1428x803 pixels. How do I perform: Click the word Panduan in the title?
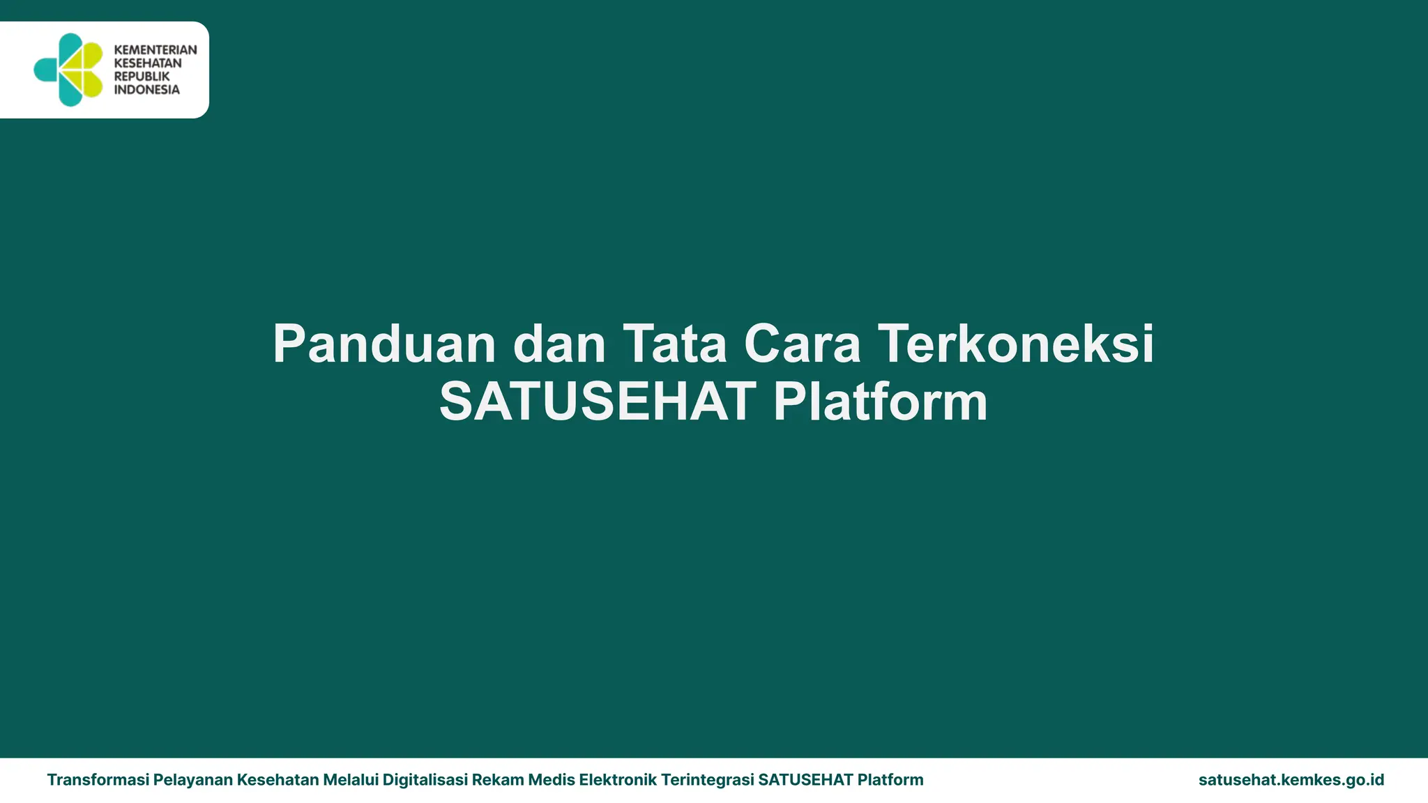(384, 344)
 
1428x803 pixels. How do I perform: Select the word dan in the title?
(559, 344)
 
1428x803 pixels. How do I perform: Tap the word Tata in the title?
(675, 344)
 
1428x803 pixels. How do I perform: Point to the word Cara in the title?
(802, 344)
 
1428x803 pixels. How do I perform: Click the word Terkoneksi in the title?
(1015, 344)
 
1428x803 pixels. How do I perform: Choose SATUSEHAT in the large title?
(598, 402)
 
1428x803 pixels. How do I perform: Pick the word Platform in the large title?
(881, 402)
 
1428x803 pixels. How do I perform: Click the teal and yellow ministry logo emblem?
(69, 70)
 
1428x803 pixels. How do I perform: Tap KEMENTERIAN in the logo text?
(155, 50)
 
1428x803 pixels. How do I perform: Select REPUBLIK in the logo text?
(142, 77)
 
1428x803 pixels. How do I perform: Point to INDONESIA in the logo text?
(146, 90)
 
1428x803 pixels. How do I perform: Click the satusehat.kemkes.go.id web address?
(1291, 780)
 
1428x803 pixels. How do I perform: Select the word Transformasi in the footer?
(98, 780)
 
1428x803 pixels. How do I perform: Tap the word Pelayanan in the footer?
(193, 780)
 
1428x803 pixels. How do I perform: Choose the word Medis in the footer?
(552, 780)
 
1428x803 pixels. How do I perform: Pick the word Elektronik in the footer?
(618, 780)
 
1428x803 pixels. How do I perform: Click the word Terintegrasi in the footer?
(707, 780)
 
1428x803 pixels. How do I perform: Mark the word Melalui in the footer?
(351, 780)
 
